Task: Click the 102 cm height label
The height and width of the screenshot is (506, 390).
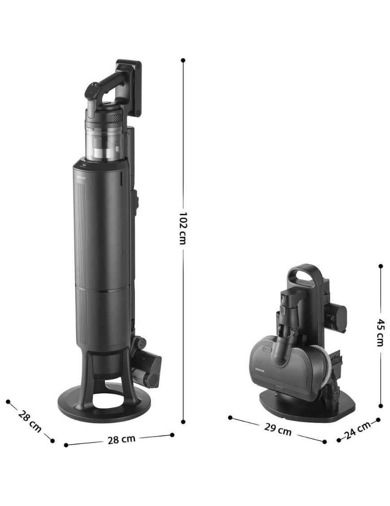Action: tap(183, 228)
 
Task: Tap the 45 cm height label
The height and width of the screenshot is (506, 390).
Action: tap(381, 332)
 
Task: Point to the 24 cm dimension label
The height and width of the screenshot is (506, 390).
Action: tap(357, 430)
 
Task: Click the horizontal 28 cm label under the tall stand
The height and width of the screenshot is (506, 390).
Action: tap(121, 439)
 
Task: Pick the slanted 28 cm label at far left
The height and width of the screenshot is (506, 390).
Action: tap(30, 421)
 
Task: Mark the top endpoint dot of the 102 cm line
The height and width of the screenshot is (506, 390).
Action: tap(183, 60)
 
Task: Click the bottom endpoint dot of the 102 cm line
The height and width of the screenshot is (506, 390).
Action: tap(183, 421)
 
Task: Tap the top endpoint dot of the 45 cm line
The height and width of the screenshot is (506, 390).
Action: tap(381, 266)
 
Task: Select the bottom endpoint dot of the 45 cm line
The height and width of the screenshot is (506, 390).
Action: tap(381, 406)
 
